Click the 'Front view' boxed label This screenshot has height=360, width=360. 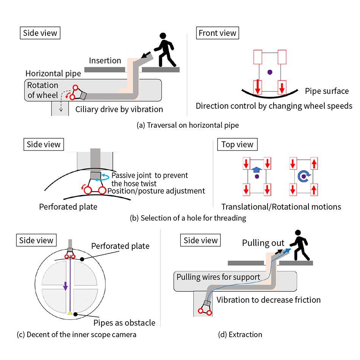(218, 33)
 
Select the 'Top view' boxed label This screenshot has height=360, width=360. (237, 144)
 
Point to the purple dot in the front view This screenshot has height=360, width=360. (269, 71)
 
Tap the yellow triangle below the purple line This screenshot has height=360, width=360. (70, 313)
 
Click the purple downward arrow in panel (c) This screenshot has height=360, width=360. (66, 285)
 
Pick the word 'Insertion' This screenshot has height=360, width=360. (105, 61)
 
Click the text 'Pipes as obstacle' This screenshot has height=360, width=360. (124, 322)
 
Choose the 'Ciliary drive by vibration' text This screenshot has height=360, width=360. (119, 110)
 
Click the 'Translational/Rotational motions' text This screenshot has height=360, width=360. (281, 207)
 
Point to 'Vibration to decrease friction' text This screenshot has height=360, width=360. (269, 300)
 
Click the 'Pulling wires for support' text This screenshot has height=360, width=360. (218, 277)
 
